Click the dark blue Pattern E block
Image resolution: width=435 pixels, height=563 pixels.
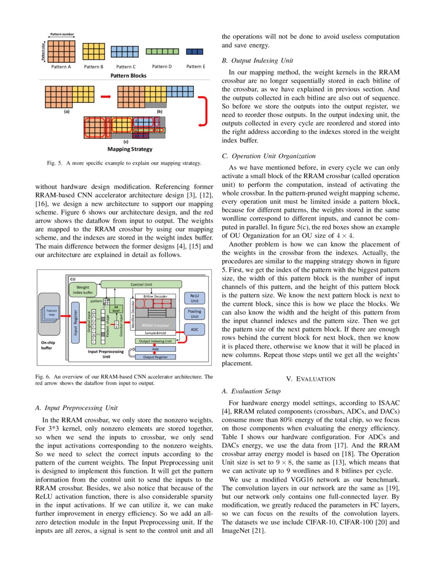[195, 52]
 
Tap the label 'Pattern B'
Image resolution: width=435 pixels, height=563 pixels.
[94, 67]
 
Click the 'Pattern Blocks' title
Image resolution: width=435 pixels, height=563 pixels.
[128, 76]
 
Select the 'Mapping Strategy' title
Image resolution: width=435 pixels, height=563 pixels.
[129, 149]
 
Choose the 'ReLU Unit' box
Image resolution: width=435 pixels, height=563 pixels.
[194, 298]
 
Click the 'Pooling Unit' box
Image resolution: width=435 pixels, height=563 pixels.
[194, 314]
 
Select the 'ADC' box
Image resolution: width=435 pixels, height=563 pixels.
[194, 330]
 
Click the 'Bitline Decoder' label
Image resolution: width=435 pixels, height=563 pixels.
[155, 296]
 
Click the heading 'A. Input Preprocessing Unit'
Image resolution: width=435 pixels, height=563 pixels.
[77, 408]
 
